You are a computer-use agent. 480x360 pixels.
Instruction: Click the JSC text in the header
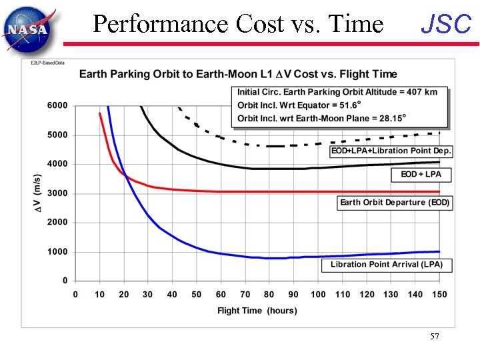[446, 25]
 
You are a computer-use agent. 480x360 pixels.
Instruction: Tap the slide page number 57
[435, 337]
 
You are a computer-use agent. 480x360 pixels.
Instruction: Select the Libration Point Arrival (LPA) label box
[386, 265]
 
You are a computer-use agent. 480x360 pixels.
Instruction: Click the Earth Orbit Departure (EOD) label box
[395, 203]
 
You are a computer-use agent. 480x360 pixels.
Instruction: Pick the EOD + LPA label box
[421, 175]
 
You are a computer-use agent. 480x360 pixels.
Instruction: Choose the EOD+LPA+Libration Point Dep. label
[391, 151]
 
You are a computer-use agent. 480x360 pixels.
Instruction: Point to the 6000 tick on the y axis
[57, 105]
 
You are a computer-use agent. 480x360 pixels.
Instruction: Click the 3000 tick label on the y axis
[57, 193]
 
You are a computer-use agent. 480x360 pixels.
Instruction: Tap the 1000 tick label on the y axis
[57, 252]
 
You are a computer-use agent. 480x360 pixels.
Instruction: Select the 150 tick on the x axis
[439, 295]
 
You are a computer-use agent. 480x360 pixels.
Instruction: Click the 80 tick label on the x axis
[269, 295]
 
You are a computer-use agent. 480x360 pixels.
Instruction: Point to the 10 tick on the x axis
[99, 295]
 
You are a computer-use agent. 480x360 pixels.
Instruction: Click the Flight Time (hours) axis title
[257, 311]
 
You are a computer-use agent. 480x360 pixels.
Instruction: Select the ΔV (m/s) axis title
[38, 193]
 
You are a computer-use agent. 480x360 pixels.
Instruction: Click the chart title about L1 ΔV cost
[238, 74]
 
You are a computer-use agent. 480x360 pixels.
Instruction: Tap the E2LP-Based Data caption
[47, 63]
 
